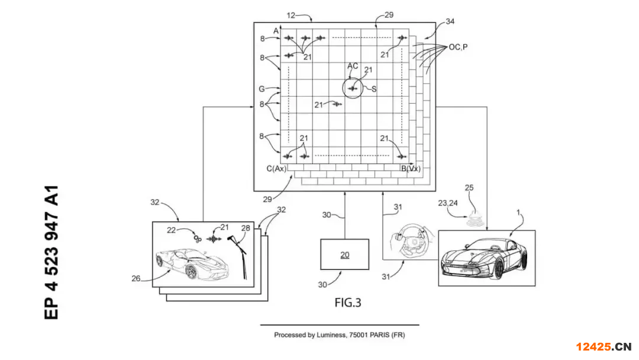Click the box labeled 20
(x=344, y=255)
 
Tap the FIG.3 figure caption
(x=348, y=303)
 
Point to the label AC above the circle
(x=353, y=66)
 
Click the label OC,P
(x=458, y=47)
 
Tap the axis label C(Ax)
(x=276, y=168)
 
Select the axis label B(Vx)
(x=411, y=168)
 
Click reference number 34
(x=450, y=21)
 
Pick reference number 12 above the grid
(x=291, y=15)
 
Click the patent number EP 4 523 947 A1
(x=51, y=252)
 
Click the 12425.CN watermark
(x=603, y=346)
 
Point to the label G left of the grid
(x=262, y=89)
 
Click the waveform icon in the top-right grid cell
(x=402, y=38)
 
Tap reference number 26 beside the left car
(x=135, y=278)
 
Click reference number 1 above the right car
(x=518, y=213)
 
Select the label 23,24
(x=447, y=202)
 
